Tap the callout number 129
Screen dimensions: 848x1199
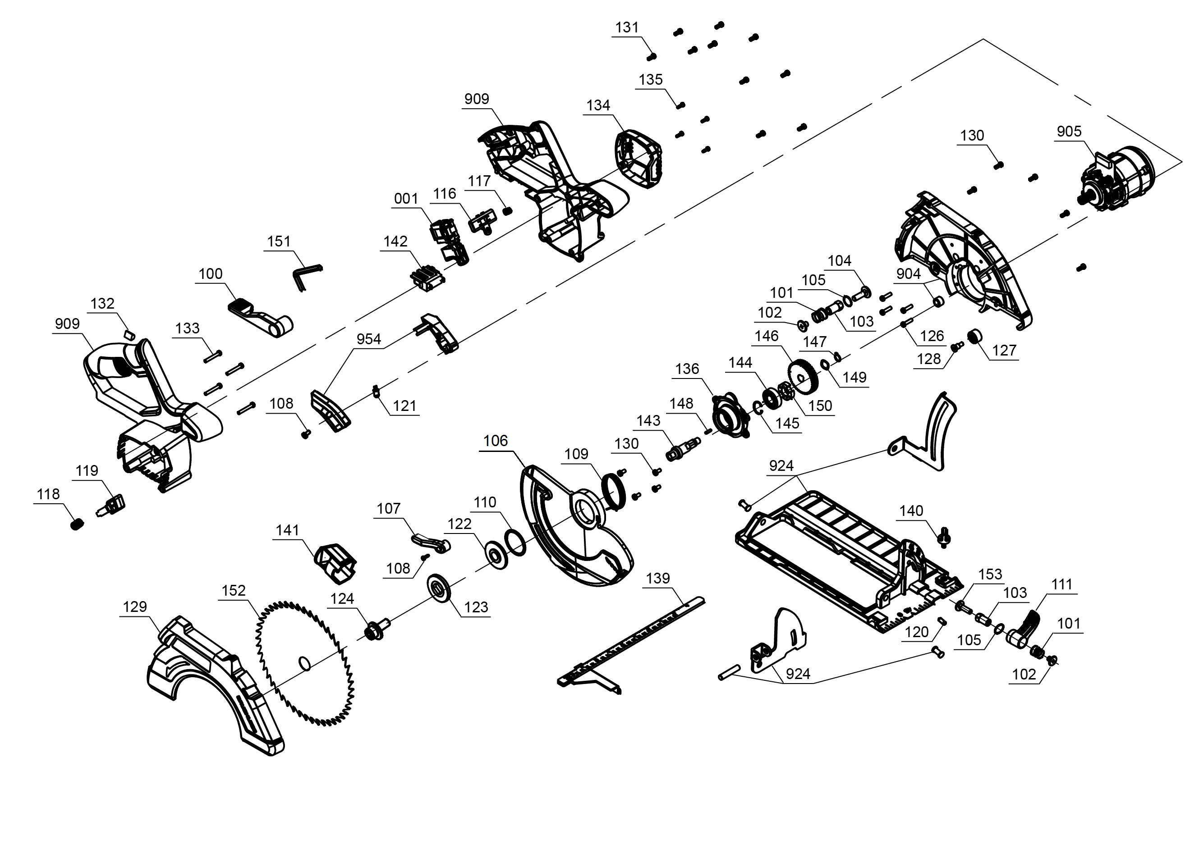click(x=135, y=607)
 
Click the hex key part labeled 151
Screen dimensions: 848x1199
click(x=304, y=275)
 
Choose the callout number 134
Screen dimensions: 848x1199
click(x=598, y=105)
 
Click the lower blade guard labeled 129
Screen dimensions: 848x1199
click(x=214, y=684)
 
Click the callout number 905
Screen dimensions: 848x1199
click(x=1069, y=131)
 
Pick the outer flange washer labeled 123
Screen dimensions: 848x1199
click(x=439, y=588)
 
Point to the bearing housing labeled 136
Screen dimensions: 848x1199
click(x=730, y=416)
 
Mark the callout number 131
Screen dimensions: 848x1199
click(x=627, y=27)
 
